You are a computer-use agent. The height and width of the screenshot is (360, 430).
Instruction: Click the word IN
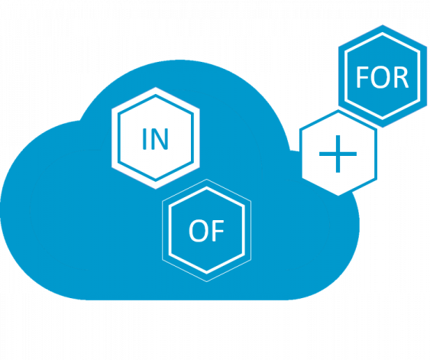155,139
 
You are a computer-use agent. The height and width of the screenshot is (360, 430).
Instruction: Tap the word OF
206,231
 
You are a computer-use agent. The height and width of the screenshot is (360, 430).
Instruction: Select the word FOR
382,77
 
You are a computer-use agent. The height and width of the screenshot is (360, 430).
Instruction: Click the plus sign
338,154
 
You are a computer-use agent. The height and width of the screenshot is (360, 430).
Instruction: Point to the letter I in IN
144,139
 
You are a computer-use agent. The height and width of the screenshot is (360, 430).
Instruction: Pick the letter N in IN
160,139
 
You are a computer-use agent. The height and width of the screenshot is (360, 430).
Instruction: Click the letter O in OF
198,231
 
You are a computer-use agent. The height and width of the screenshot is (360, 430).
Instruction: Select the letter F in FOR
362,77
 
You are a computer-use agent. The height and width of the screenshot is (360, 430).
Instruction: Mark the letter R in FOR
401,77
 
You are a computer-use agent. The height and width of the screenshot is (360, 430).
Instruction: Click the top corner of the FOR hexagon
383,25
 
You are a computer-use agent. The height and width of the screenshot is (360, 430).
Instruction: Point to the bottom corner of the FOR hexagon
383,128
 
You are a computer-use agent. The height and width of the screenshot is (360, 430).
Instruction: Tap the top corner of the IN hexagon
156,87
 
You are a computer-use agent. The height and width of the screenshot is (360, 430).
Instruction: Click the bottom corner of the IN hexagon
156,189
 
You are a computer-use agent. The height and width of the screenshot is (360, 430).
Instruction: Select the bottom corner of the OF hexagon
206,281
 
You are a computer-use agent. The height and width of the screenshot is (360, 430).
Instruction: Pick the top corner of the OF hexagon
206,179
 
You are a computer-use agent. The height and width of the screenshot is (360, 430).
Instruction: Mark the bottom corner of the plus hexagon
338,196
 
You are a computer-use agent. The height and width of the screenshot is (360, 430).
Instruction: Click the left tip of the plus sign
319,154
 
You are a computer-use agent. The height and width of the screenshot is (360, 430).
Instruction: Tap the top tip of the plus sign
338,135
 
